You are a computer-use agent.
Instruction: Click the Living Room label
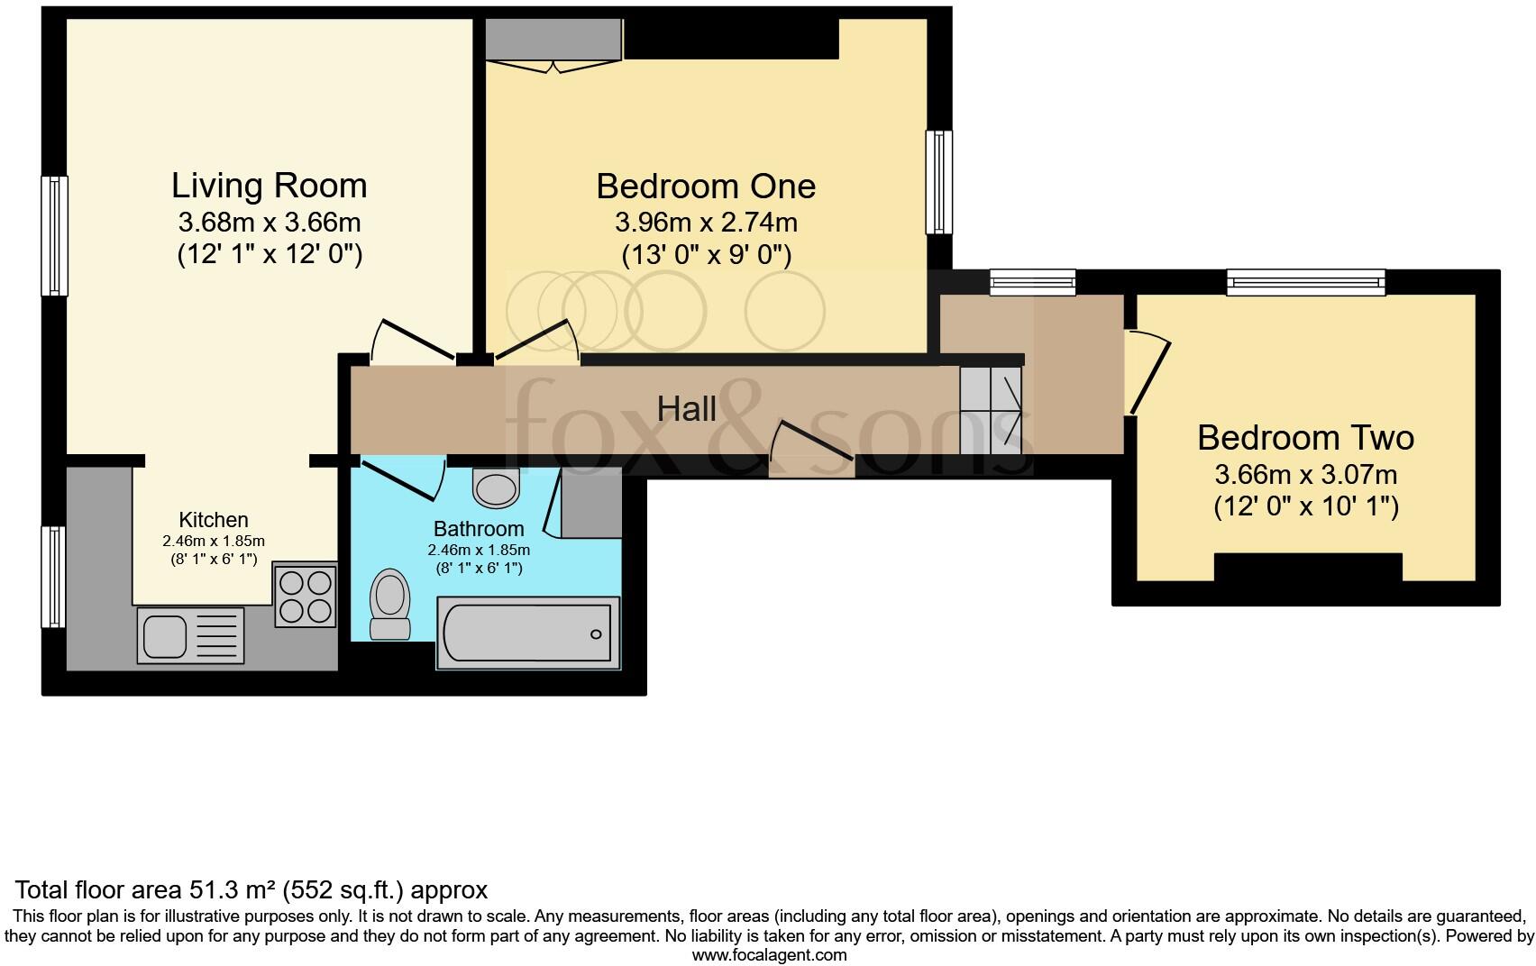(x=269, y=186)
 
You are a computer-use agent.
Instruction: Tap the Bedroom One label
(x=706, y=187)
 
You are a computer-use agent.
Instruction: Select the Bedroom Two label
(x=1305, y=438)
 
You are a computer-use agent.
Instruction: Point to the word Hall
(x=686, y=409)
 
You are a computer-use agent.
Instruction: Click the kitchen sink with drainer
(x=190, y=635)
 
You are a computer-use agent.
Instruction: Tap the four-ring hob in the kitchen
(x=306, y=595)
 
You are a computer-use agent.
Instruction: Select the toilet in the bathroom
(x=389, y=604)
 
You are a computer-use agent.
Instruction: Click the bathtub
(x=528, y=633)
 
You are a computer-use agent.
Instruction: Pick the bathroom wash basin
(x=495, y=488)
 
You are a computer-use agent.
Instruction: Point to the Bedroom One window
(x=938, y=182)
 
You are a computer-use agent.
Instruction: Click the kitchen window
(x=53, y=577)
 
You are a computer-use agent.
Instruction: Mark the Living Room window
(x=54, y=236)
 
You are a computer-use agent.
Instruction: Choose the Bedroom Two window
(x=1305, y=282)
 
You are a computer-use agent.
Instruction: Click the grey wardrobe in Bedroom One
(x=553, y=39)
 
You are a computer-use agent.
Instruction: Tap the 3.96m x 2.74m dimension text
(x=706, y=223)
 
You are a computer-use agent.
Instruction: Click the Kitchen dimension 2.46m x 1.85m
(x=214, y=541)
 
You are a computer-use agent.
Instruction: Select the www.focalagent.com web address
(x=770, y=955)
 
